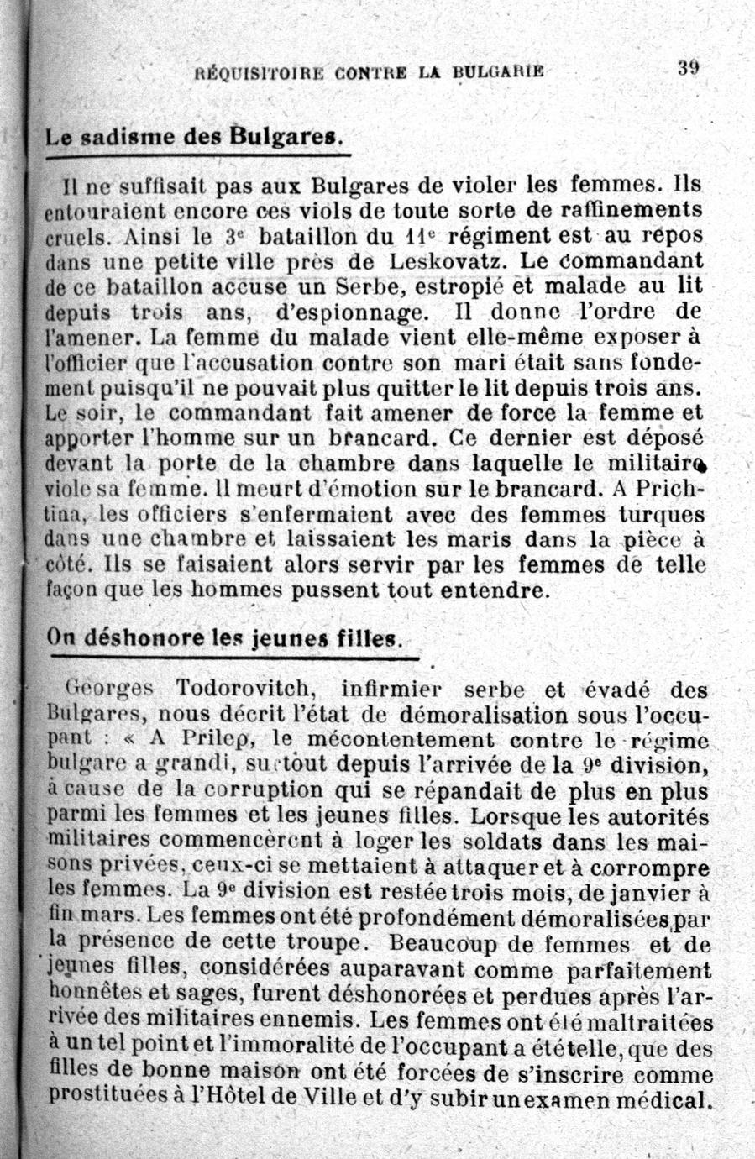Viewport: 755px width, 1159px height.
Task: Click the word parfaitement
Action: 642,970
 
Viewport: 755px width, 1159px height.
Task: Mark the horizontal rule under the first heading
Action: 197,155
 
